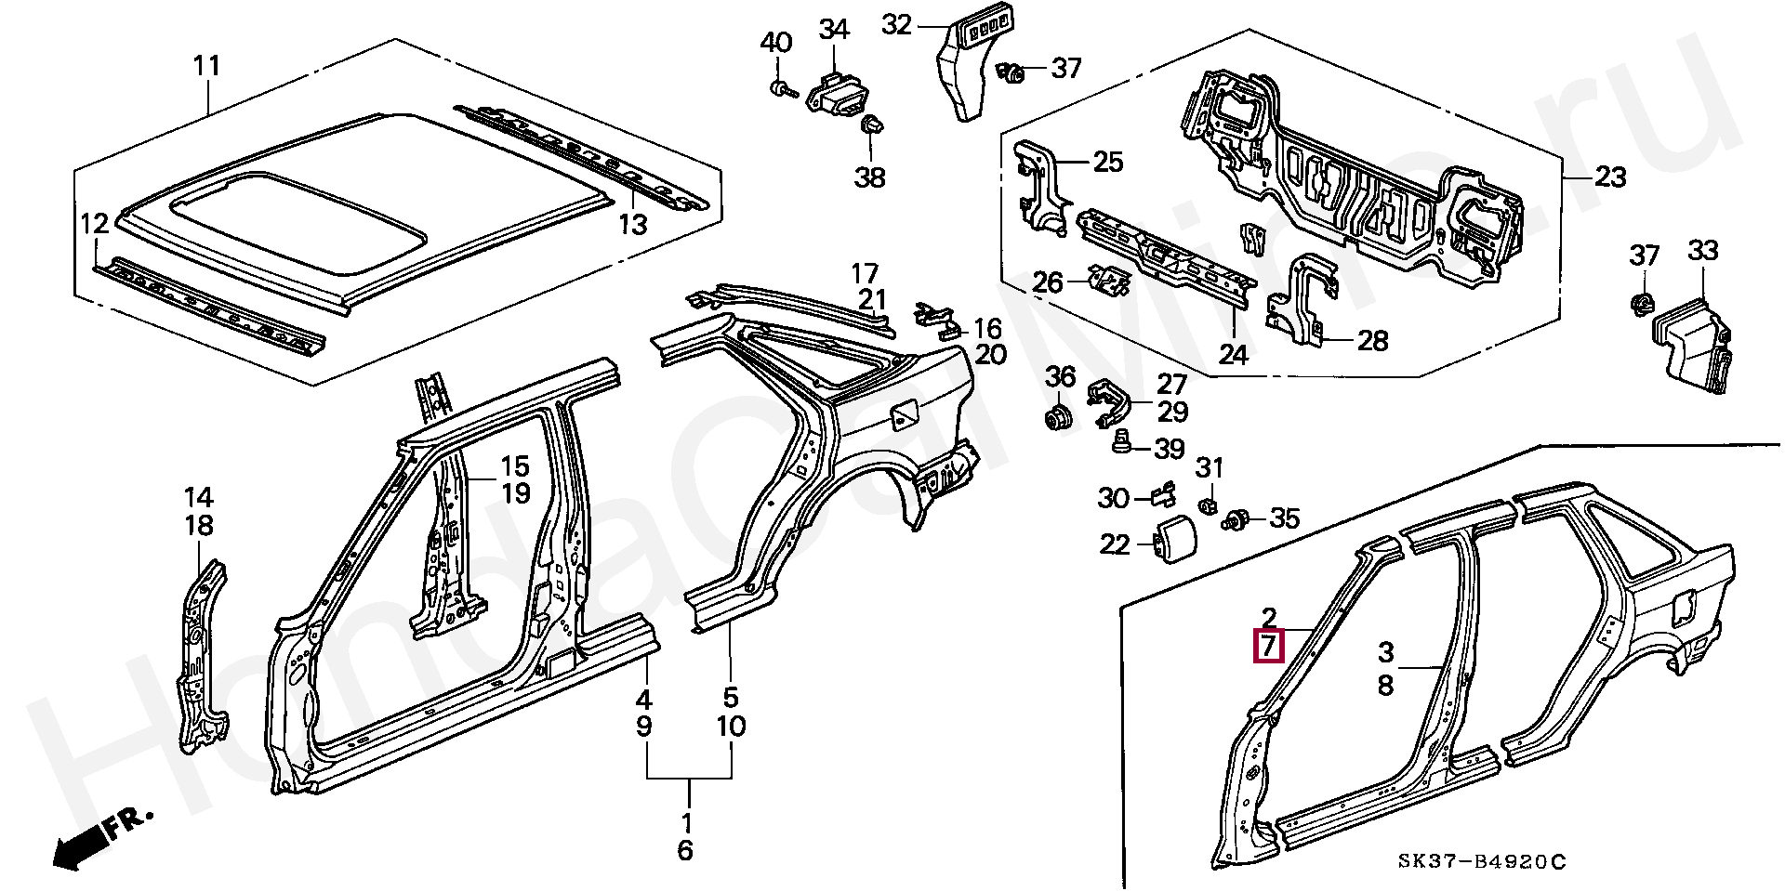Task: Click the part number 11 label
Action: click(206, 67)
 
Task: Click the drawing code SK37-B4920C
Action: click(1482, 862)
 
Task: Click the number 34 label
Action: click(833, 30)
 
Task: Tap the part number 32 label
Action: click(897, 24)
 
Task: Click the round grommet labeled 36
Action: click(1057, 418)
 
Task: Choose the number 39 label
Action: click(1169, 449)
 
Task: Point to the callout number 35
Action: click(1284, 518)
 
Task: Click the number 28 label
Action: click(1371, 341)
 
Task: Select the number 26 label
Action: click(1048, 282)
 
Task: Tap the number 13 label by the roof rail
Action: click(632, 225)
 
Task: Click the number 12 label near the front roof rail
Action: click(95, 224)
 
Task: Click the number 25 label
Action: click(1107, 163)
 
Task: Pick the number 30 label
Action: click(1113, 499)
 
